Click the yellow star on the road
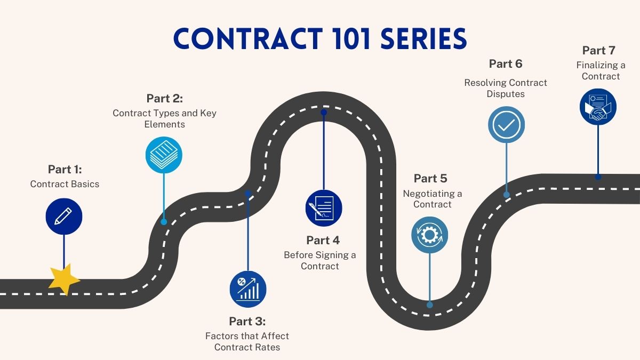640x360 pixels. click(x=64, y=279)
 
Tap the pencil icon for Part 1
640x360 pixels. click(x=64, y=216)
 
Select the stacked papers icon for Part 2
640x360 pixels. click(x=164, y=155)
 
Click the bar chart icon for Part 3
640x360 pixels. click(x=248, y=289)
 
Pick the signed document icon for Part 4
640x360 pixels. click(x=323, y=208)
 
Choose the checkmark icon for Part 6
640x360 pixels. click(x=507, y=124)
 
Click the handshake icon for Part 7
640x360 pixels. click(x=598, y=107)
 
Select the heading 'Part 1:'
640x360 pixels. click(x=65, y=169)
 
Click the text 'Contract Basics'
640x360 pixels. click(x=65, y=184)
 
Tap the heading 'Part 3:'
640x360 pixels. click(x=247, y=321)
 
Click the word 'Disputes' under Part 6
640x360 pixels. click(x=506, y=94)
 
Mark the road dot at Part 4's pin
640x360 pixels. click(x=323, y=113)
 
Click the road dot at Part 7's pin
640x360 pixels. click(x=598, y=177)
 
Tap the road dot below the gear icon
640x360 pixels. click(x=429, y=305)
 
